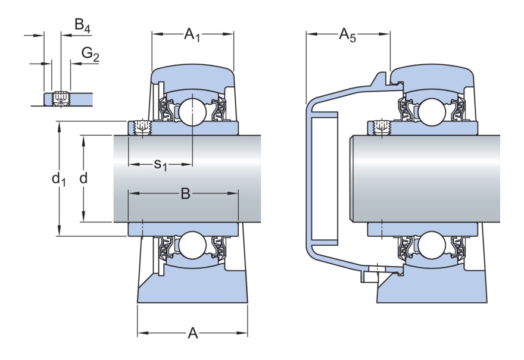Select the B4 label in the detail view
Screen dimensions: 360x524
(82, 25)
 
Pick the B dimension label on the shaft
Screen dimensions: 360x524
(185, 195)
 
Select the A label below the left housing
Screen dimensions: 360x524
(192, 334)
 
